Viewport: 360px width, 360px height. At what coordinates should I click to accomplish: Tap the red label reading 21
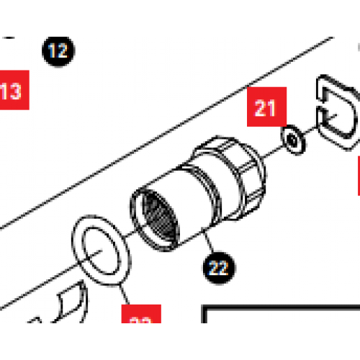point(266,109)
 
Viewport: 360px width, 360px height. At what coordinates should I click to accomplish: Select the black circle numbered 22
point(218,268)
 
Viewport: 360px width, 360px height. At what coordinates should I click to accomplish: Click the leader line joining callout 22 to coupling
point(207,243)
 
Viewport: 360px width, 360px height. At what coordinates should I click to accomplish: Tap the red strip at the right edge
point(357,176)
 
